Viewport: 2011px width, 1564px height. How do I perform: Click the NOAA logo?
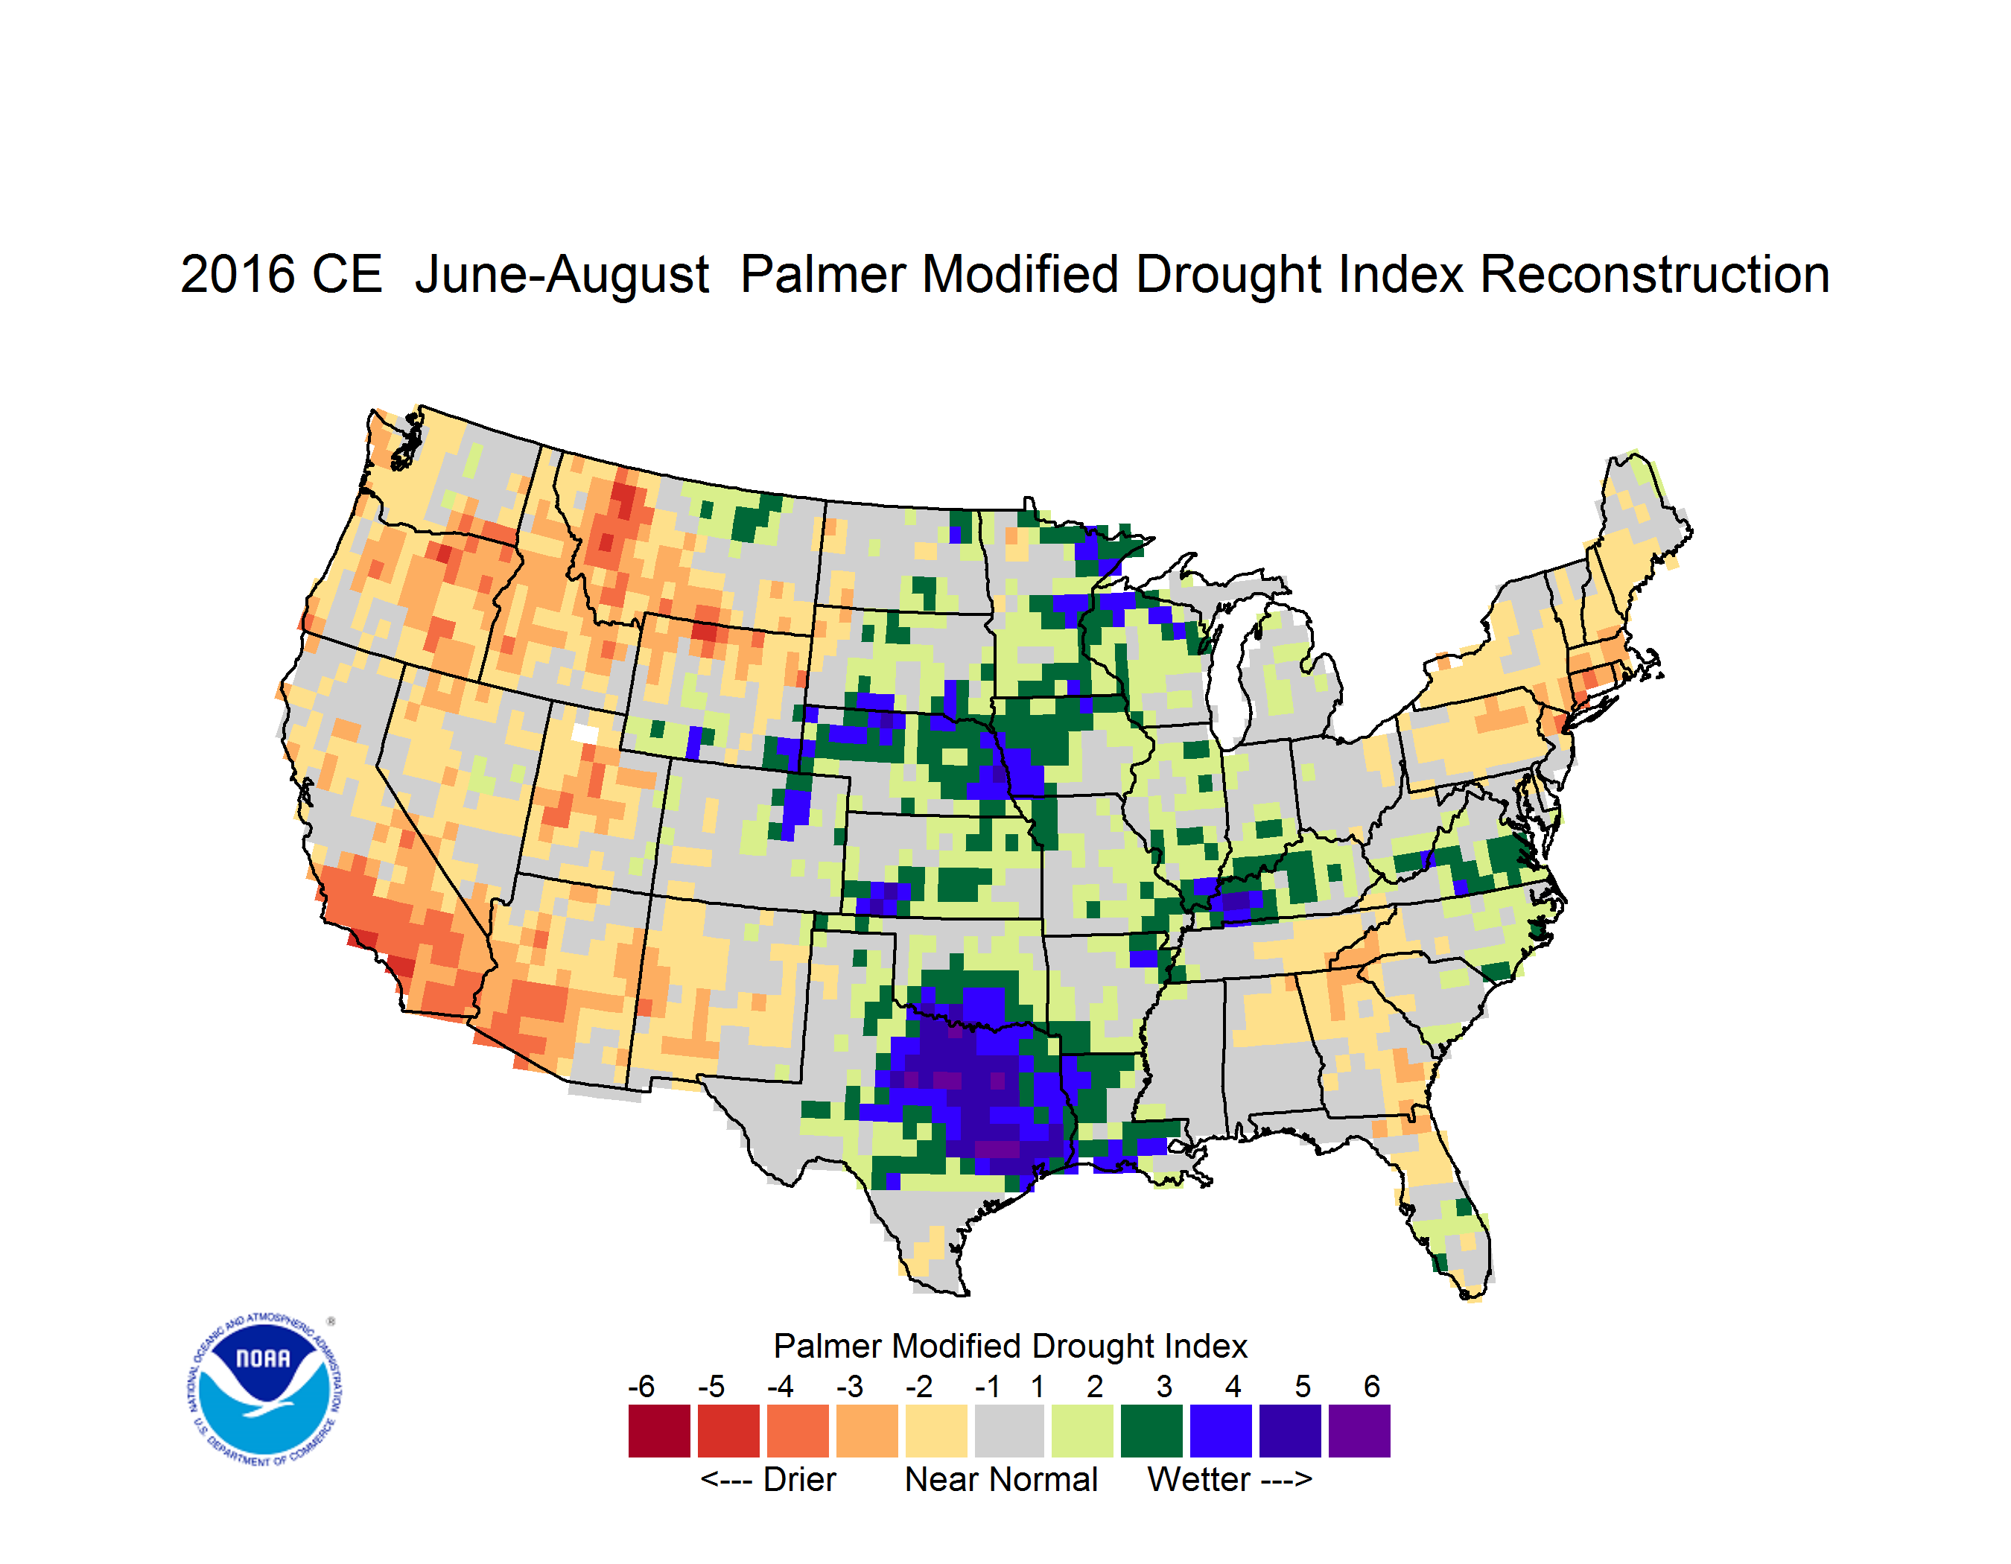click(265, 1390)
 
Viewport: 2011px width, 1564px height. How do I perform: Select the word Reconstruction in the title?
click(1655, 274)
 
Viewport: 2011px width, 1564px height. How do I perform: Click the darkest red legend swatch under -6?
click(659, 1431)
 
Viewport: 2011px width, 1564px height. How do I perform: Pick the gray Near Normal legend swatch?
click(1009, 1431)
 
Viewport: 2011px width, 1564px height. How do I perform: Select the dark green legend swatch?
click(1151, 1431)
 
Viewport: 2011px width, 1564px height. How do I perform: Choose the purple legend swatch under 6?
click(1359, 1431)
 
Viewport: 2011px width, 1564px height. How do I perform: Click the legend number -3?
click(850, 1386)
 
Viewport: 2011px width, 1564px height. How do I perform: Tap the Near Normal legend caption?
click(1001, 1479)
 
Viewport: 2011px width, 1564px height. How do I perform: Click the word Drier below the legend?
click(799, 1479)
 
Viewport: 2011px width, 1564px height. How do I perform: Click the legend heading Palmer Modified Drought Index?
click(1010, 1346)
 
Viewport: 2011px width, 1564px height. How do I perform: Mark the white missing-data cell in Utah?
click(585, 733)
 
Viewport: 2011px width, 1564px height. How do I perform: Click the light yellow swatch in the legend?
click(936, 1431)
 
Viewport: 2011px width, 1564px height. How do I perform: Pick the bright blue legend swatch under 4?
click(1221, 1431)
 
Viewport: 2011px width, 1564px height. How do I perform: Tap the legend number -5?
click(711, 1386)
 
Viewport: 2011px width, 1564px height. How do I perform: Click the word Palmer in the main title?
click(823, 274)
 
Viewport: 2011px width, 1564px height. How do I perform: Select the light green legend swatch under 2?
click(1082, 1431)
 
